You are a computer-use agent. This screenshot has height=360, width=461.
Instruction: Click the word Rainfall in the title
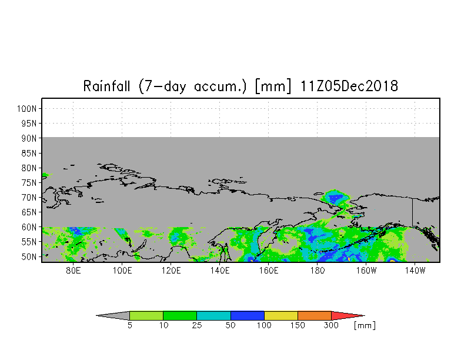coord(106,86)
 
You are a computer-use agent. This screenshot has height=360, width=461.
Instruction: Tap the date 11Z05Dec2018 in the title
coord(349,86)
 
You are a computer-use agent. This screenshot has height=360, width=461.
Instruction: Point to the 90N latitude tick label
coord(29,138)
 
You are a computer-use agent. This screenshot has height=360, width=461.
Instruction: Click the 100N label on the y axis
coord(26,108)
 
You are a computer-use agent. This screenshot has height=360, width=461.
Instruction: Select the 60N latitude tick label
coord(29,227)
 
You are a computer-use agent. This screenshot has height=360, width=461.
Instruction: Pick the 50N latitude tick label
coord(29,256)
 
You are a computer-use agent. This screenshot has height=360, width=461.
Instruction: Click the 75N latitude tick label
coord(29,182)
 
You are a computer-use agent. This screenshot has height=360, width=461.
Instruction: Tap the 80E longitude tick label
coord(73,271)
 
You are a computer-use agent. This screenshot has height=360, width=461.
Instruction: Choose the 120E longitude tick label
coord(171,271)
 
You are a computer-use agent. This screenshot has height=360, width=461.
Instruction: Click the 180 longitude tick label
coord(318,271)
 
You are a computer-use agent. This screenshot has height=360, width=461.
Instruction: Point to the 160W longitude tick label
coord(366,271)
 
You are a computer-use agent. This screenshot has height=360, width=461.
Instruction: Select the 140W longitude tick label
coord(415,271)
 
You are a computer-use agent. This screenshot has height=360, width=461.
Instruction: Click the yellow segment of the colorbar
coord(281,315)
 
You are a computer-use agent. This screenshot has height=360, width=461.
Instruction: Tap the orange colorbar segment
coord(314,315)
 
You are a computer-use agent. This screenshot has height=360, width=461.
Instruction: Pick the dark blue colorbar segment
coord(247,315)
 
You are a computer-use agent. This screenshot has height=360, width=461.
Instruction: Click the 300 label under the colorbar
coord(331,325)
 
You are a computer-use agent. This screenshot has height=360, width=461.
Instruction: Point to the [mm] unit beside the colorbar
coord(365,326)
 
